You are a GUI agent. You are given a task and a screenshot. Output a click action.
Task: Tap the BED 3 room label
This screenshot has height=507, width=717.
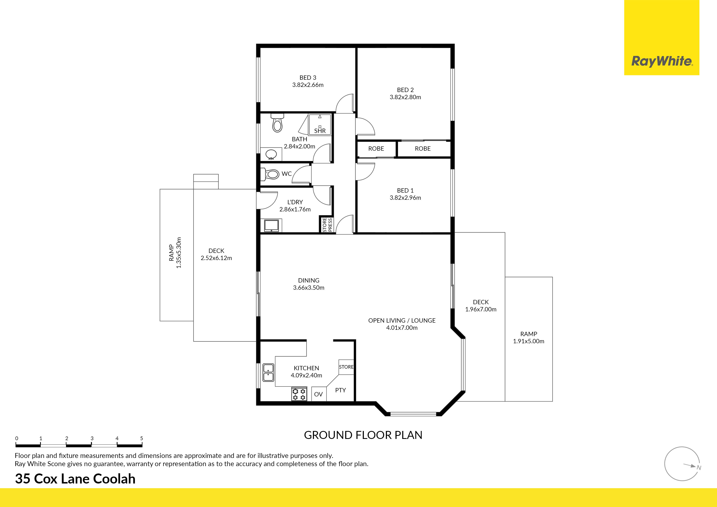[308, 77]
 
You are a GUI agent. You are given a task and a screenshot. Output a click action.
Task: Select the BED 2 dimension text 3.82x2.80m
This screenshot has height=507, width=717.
[405, 97]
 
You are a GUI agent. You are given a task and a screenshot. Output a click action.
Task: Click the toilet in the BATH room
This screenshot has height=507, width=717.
[277, 123]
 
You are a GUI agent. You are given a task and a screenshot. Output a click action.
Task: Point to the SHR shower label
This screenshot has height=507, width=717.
[320, 131]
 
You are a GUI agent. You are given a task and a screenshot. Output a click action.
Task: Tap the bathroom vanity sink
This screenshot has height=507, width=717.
[271, 154]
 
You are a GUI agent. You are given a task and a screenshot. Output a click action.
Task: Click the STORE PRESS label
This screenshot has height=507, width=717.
[327, 225]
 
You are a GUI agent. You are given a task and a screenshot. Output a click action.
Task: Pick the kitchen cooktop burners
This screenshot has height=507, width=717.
[299, 394]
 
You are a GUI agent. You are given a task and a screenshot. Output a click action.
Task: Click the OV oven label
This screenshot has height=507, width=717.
[318, 394]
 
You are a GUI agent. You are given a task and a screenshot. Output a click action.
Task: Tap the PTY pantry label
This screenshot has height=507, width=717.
[340, 390]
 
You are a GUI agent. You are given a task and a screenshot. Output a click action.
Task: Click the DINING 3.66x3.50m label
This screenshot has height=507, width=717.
[309, 284]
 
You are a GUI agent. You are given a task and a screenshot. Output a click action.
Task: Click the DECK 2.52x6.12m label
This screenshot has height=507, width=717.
[216, 254]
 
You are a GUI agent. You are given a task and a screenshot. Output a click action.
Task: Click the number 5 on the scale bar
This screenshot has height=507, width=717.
[141, 438]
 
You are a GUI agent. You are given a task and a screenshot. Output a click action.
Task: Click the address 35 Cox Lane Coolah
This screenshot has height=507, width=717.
[75, 479]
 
